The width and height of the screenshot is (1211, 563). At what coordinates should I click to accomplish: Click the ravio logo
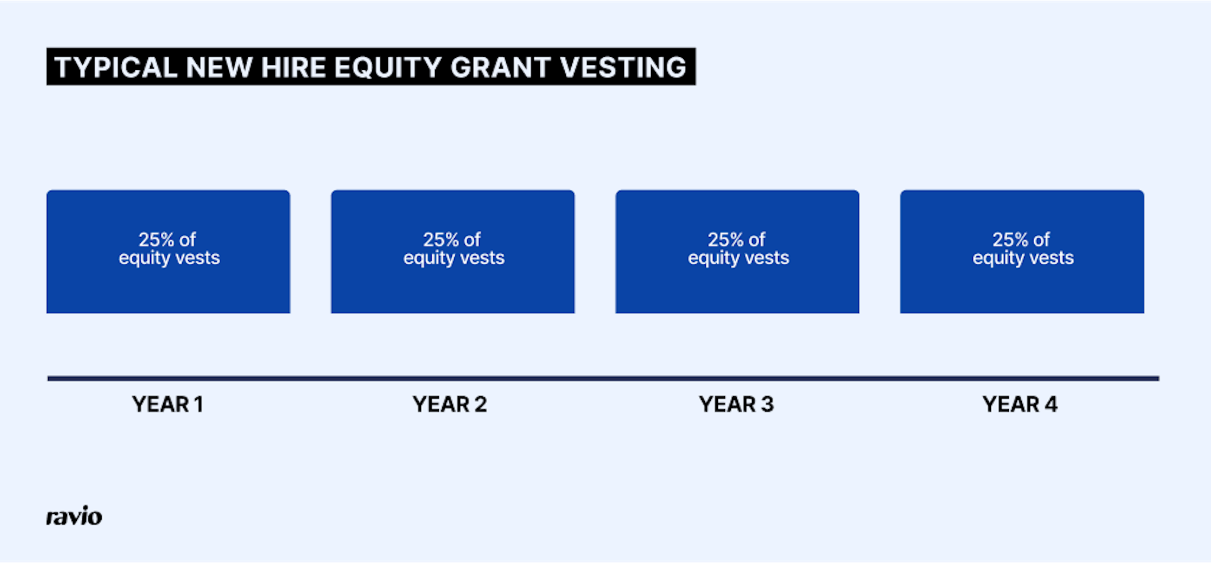pos(74,516)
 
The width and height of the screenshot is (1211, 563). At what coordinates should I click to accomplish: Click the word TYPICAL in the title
pos(116,67)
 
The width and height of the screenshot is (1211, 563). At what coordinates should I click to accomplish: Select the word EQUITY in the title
pos(387,67)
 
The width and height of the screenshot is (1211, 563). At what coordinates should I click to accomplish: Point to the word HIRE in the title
pos(293,67)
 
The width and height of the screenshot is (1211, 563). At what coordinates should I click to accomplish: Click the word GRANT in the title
pos(500,67)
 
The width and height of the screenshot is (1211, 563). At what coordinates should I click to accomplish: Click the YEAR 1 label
pos(168,405)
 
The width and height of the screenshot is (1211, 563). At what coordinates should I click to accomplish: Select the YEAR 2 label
pos(450,405)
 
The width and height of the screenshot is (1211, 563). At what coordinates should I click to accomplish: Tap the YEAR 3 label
pos(736,405)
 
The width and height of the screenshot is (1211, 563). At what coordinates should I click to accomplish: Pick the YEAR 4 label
pos(1020,405)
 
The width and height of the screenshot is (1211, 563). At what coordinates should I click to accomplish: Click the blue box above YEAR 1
pos(169,284)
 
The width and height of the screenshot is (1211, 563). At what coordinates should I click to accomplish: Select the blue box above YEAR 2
pos(453,284)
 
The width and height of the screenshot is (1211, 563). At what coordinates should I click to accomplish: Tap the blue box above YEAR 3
pos(737,284)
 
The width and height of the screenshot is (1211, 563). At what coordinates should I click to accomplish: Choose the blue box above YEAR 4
pos(1022,284)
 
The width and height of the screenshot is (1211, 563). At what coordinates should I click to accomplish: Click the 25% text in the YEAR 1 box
pos(157,240)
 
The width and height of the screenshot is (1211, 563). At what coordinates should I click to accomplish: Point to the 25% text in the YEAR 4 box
pos(1011,240)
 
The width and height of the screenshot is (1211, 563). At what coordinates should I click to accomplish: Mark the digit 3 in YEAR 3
pos(767,405)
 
